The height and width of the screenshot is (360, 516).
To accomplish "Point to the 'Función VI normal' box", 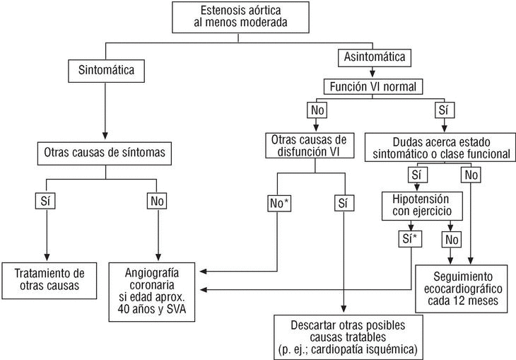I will coord(374,88).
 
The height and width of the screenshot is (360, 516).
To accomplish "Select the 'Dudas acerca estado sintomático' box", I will coord(438,145).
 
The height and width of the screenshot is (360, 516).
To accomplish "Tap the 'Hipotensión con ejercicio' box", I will coord(423,204).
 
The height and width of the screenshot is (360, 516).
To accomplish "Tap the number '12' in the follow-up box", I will coord(471,300).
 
